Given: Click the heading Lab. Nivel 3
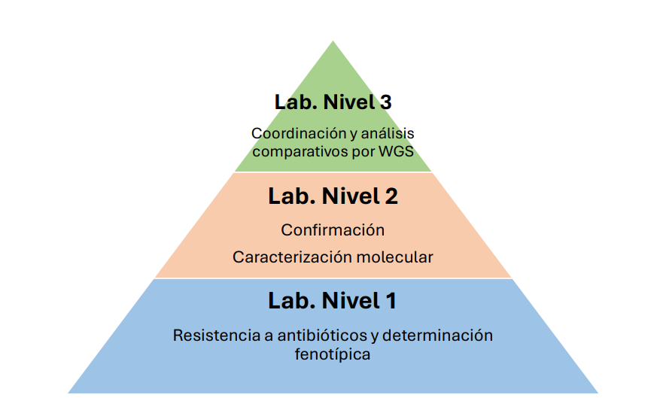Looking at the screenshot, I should (x=333, y=102).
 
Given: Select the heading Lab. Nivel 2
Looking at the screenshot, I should (x=333, y=196).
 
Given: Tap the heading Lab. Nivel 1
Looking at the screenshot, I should (x=333, y=300).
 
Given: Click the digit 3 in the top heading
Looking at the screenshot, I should (x=385, y=102).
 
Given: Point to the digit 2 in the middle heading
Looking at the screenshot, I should (x=391, y=196).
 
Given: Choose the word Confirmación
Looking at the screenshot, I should (x=333, y=229).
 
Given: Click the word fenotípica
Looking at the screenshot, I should (x=333, y=354).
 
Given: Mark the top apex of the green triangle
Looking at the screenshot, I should (x=333, y=41).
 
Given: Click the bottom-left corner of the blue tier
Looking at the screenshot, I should (x=69, y=392).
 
